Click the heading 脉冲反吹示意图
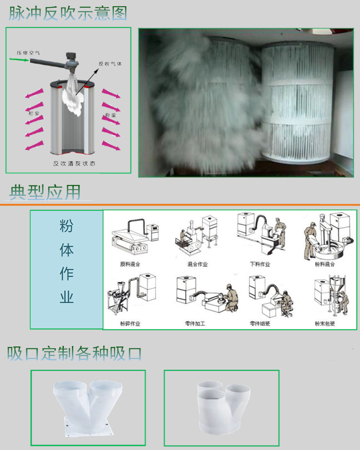(68, 13)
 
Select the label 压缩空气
(28, 53)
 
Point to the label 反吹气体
(110, 64)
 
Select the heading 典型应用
(45, 193)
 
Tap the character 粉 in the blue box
(67, 226)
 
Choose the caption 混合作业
(198, 264)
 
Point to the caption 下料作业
(260, 264)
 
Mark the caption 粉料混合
(324, 264)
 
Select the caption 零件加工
(195, 324)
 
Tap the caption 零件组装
(260, 324)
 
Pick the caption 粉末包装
(324, 324)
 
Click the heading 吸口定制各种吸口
(74, 353)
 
